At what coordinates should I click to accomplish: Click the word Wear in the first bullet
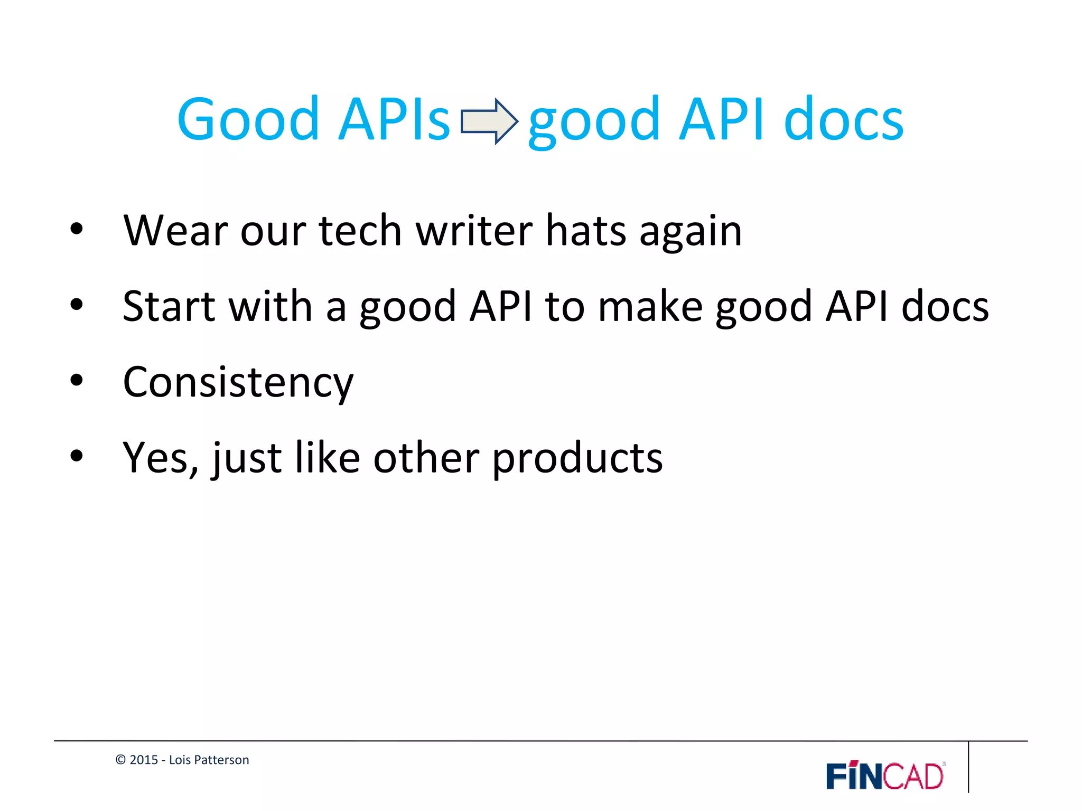pyautogui.click(x=176, y=231)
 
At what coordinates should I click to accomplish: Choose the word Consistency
pyautogui.click(x=238, y=382)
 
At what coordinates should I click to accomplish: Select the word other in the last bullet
pyautogui.click(x=426, y=458)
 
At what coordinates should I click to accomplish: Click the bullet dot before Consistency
pyautogui.click(x=77, y=380)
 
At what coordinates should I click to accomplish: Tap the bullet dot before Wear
pyautogui.click(x=77, y=229)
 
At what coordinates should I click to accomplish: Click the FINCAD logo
pyautogui.click(x=885, y=776)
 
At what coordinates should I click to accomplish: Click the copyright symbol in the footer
pyautogui.click(x=120, y=760)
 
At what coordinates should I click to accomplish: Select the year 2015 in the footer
pyautogui.click(x=144, y=760)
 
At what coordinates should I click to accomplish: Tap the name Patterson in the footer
pyautogui.click(x=221, y=760)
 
